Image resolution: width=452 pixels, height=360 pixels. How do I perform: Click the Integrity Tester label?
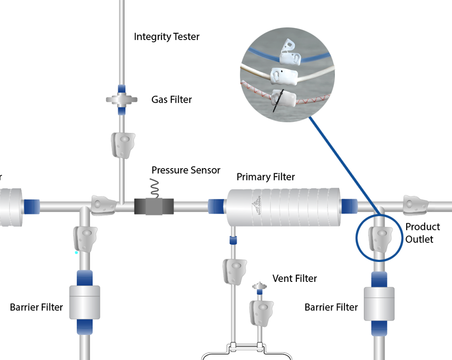click(167, 37)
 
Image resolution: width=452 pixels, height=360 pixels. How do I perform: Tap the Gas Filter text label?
click(171, 100)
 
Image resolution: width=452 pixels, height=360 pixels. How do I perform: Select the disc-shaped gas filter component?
click(121, 99)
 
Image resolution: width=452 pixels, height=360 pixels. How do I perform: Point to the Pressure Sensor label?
click(186, 170)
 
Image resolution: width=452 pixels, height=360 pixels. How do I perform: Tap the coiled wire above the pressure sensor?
click(155, 187)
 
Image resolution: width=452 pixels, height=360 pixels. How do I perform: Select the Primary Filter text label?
click(265, 177)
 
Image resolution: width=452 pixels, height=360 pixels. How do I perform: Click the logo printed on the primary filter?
click(256, 207)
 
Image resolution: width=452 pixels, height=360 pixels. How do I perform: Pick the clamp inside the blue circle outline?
click(381, 238)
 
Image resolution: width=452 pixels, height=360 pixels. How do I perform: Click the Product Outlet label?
click(422, 233)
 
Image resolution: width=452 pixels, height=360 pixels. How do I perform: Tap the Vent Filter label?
click(294, 278)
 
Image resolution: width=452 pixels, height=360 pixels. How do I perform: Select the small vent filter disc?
click(259, 287)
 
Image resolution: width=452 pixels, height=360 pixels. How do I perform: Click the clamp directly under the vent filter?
click(261, 312)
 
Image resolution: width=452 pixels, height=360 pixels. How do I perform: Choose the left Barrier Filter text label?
click(36, 307)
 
